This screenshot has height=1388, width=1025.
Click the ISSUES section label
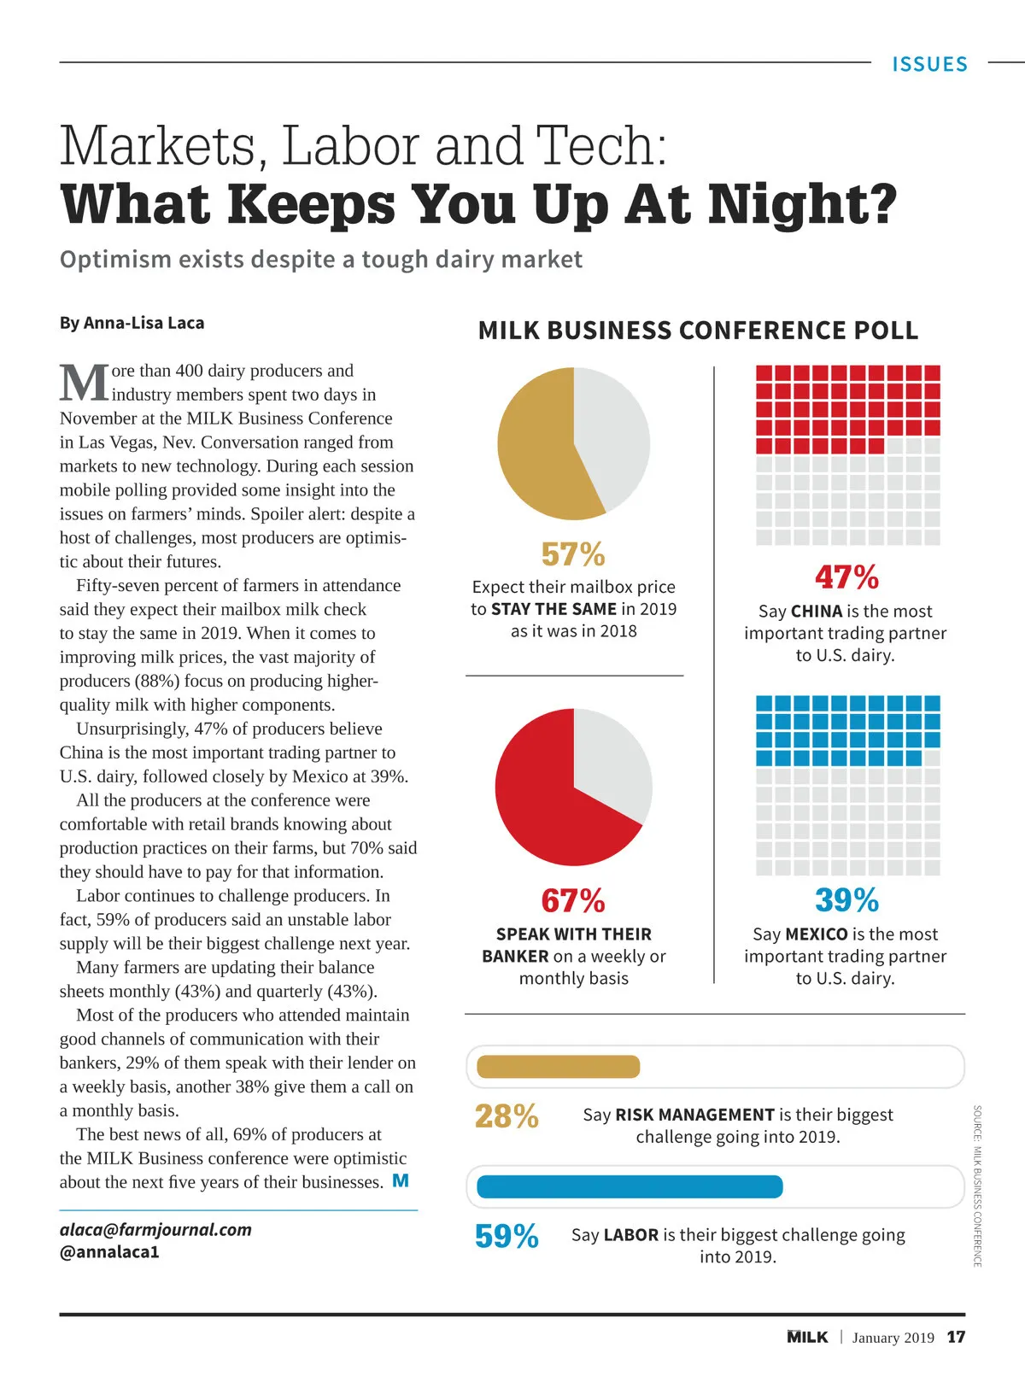click(x=929, y=64)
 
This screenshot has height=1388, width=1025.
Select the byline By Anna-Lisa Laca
click(x=132, y=323)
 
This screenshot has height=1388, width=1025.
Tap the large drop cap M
click(x=85, y=383)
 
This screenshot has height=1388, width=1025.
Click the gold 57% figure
click(x=573, y=554)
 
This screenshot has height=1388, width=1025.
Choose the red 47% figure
click(x=846, y=577)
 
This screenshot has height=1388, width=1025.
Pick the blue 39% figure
click(x=846, y=900)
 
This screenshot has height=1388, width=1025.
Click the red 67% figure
click(x=573, y=901)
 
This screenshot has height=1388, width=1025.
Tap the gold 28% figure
click(x=507, y=1116)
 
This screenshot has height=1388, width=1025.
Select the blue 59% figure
click(x=507, y=1237)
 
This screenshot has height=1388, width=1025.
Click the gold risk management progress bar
click(x=558, y=1067)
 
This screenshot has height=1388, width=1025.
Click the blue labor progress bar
click(x=630, y=1186)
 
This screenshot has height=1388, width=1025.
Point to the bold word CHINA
click(x=817, y=612)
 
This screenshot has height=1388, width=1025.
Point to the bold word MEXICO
click(x=817, y=934)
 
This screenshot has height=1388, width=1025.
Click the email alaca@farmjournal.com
click(x=155, y=1230)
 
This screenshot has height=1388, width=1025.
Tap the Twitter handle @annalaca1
click(x=109, y=1252)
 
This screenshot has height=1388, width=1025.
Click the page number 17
click(x=956, y=1337)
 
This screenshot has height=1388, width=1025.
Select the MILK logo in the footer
click(x=807, y=1337)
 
